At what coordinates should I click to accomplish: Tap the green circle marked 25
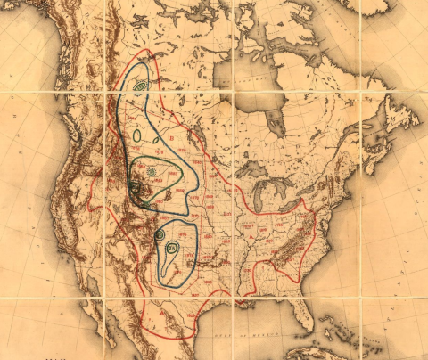click(172, 249)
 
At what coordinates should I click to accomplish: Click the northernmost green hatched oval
click(140, 86)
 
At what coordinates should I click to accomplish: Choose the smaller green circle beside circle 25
click(159, 234)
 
